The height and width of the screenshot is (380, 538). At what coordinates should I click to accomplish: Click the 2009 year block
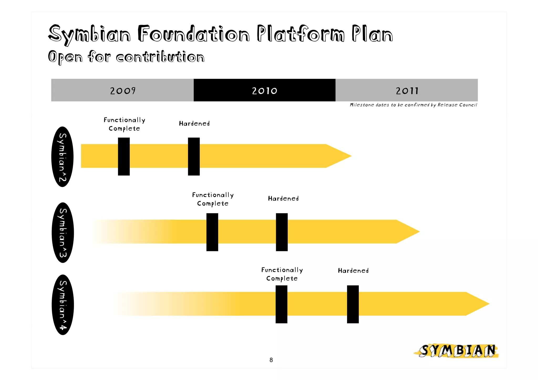click(122, 90)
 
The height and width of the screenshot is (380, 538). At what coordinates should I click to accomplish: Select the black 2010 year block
click(264, 90)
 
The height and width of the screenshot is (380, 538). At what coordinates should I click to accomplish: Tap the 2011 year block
click(406, 90)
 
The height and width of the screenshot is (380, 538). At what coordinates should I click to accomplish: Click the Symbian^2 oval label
click(62, 157)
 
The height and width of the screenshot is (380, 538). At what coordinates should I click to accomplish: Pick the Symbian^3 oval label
click(63, 232)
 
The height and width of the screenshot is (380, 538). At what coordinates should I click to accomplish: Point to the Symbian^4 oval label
click(63, 305)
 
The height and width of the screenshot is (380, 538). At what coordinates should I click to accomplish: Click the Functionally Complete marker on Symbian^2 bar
click(124, 156)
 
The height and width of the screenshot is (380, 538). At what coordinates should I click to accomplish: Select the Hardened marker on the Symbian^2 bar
click(194, 156)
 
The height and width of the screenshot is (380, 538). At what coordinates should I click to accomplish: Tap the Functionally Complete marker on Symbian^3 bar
click(212, 232)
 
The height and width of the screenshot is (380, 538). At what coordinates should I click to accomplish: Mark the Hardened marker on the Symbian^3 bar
click(282, 232)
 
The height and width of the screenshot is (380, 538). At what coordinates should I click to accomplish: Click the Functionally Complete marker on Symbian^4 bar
click(281, 304)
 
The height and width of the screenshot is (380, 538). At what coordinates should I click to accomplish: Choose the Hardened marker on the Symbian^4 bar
click(353, 304)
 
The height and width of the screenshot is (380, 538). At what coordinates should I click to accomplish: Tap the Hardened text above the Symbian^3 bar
click(283, 199)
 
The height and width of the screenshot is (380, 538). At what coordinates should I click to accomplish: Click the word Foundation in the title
click(194, 34)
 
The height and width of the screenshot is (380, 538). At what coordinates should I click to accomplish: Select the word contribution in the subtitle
click(160, 57)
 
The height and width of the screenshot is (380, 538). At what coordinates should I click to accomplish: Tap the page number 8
click(271, 360)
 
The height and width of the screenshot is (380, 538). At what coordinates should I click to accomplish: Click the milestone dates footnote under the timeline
click(413, 105)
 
